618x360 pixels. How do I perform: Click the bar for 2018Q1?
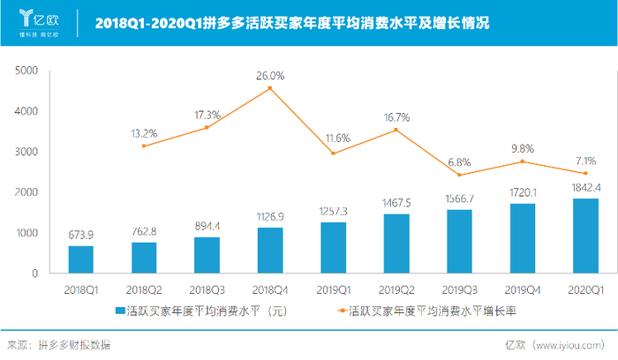(80, 259)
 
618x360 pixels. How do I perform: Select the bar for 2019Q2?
(396, 244)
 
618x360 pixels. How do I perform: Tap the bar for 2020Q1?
(585, 236)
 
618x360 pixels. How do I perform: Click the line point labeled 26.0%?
(269, 88)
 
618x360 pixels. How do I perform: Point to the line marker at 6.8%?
(459, 175)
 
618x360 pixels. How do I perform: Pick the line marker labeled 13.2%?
(143, 146)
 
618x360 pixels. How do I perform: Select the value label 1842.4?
(585, 188)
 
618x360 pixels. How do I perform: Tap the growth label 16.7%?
(396, 116)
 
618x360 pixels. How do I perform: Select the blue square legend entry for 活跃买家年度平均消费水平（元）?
(121, 311)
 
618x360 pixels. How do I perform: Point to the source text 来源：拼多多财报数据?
(59, 346)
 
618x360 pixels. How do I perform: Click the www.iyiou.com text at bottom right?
(574, 346)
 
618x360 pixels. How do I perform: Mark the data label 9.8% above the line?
(523, 148)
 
